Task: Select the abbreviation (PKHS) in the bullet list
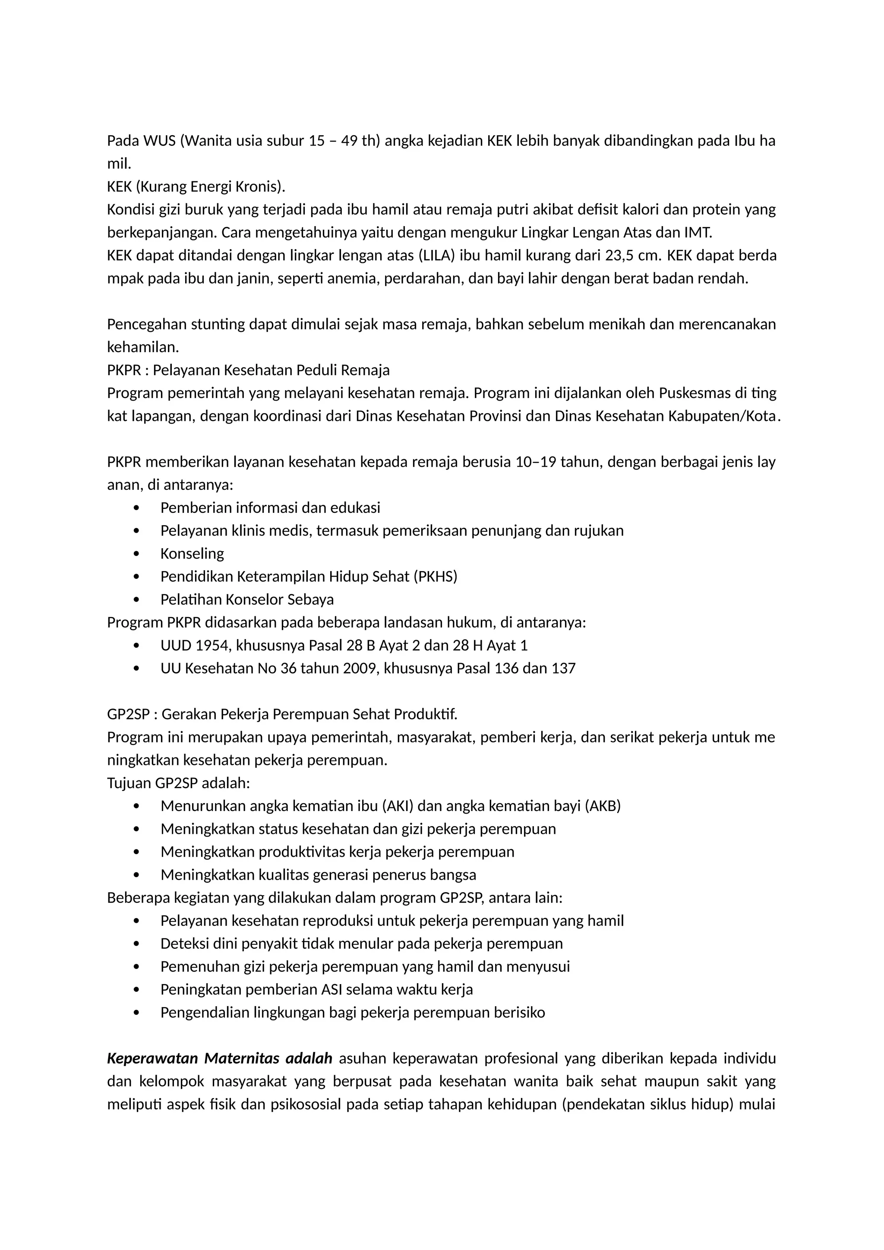[436, 577]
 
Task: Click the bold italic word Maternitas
[241, 1058]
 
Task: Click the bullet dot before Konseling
[136, 554]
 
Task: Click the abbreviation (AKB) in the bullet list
[603, 806]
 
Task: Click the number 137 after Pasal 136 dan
[563, 668]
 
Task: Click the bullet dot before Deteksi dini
[136, 944]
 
